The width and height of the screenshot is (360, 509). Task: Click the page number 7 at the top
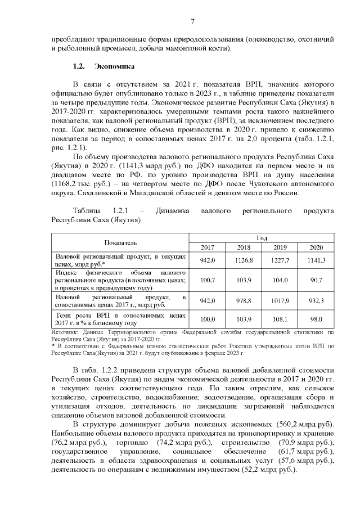[x=192, y=22]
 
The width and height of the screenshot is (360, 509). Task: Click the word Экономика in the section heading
[x=114, y=67]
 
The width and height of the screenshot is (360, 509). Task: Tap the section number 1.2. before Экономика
[x=80, y=67]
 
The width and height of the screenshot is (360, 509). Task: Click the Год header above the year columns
[x=262, y=238]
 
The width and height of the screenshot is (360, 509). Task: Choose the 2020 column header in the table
[x=317, y=247]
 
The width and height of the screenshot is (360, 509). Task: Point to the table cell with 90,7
[x=317, y=279]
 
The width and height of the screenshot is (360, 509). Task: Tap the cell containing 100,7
[x=208, y=279]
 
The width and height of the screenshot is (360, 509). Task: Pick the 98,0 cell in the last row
[x=317, y=319]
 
